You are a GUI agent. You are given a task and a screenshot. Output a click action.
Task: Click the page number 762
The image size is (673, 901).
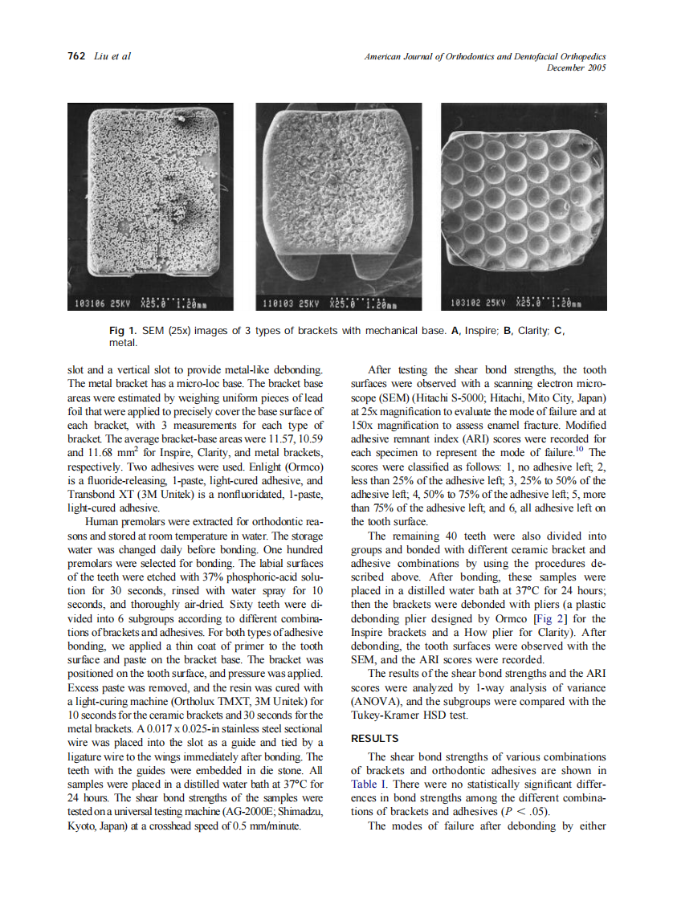click(76, 56)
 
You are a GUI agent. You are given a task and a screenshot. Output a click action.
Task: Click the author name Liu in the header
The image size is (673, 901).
click(103, 56)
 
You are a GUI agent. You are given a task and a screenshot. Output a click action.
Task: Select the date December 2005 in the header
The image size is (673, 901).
click(576, 67)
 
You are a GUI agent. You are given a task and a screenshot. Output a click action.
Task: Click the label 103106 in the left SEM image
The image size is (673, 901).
click(90, 304)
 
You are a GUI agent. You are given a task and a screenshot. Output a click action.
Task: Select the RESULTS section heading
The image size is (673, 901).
click(375, 738)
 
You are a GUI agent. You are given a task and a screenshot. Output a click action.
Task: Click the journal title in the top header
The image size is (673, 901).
click(485, 56)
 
